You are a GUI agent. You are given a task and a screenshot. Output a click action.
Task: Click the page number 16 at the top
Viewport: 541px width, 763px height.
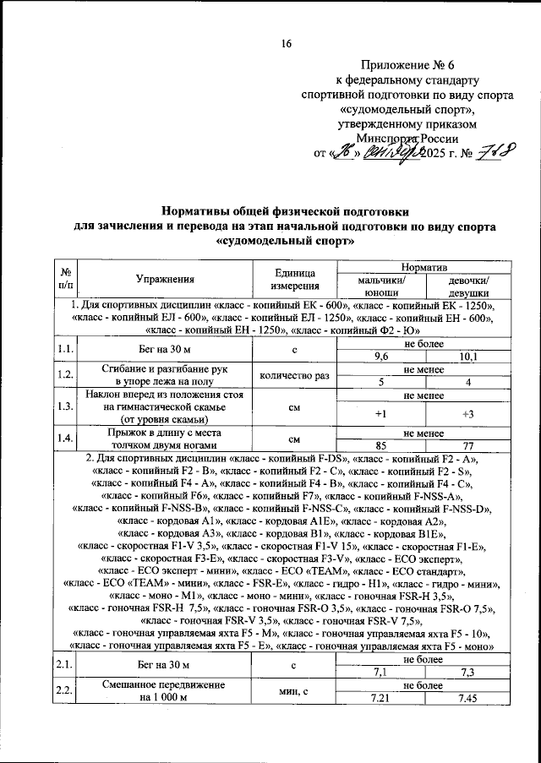(x=287, y=44)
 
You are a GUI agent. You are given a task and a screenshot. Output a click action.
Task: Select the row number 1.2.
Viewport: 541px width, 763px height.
(x=64, y=374)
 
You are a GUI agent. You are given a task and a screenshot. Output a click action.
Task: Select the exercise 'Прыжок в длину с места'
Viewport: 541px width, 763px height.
(x=165, y=432)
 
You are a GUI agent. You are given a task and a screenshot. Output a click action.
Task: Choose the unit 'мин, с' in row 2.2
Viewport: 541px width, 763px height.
(x=295, y=691)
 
